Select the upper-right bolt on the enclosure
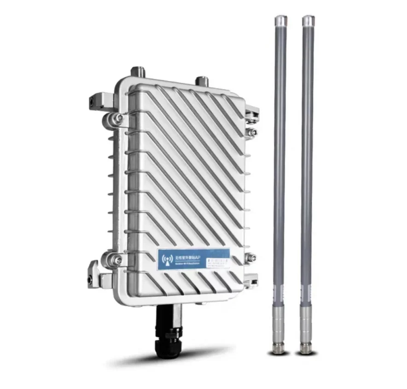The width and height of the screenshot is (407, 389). coord(252,133)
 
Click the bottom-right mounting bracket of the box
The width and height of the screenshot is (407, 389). coord(251,278)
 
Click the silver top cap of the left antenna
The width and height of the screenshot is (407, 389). coord(280,21)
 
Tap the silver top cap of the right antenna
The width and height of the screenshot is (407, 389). coord(308,21)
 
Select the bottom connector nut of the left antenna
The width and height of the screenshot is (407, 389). coord(279,348)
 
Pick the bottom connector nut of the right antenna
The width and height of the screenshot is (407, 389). coord(306,348)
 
